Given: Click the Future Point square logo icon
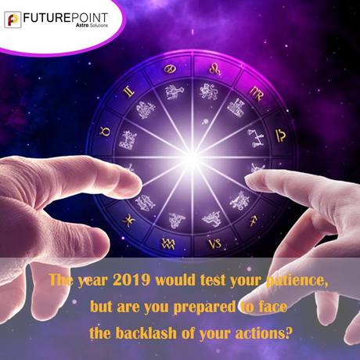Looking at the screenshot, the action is tap(13, 20).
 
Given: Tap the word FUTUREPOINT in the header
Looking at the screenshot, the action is tap(66, 18).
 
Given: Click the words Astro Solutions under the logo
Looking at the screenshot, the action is tap(92, 25).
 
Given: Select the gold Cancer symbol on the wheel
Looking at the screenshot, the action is tap(171, 70).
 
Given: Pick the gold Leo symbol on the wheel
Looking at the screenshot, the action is tap(215, 68).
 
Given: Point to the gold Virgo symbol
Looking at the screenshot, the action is tap(256, 93).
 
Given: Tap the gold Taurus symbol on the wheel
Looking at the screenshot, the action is tap(105, 131).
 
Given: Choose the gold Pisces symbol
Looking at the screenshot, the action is tap(129, 221).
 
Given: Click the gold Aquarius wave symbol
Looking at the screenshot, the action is tap(168, 243).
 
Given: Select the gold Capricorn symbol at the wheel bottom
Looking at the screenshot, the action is tap(215, 243).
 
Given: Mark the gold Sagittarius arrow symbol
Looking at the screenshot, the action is tap(254, 221).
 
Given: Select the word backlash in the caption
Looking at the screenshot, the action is tap(146, 333).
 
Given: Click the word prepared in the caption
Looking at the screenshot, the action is tap(204, 307).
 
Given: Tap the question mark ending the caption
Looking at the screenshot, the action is tap(287, 333).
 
